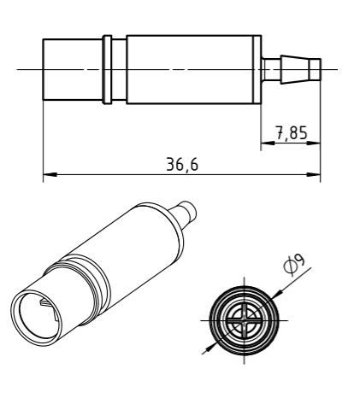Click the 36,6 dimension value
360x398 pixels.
[x=182, y=165]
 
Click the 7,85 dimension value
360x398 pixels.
[x=292, y=133]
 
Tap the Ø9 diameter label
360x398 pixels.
[x=295, y=265]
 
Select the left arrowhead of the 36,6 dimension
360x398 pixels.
[x=50, y=174]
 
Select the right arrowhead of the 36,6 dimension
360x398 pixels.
[x=314, y=174]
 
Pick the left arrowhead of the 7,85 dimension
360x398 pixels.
[x=268, y=143]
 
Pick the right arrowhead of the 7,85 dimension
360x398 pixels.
[x=314, y=143]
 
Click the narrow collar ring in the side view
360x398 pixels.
[x=107, y=70]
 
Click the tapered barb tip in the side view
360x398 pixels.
[x=296, y=70]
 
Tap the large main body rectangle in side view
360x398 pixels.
[x=194, y=70]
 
